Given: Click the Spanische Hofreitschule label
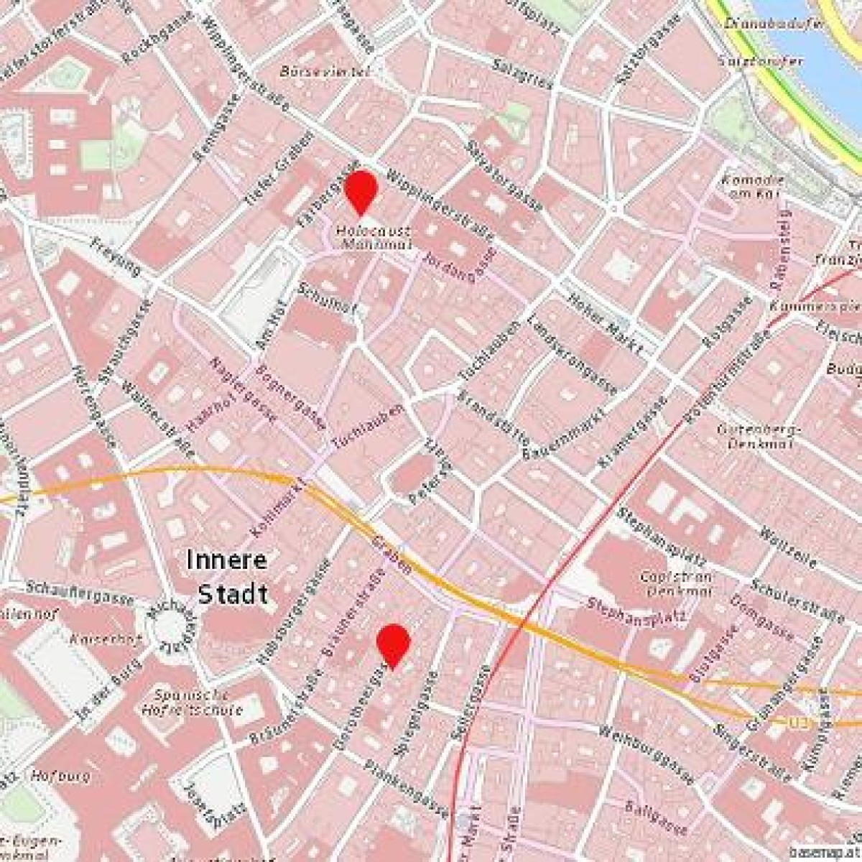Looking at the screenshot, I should coord(193,702).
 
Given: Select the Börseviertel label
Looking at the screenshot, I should coord(325,72).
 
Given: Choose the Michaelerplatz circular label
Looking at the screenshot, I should coord(167,625).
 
